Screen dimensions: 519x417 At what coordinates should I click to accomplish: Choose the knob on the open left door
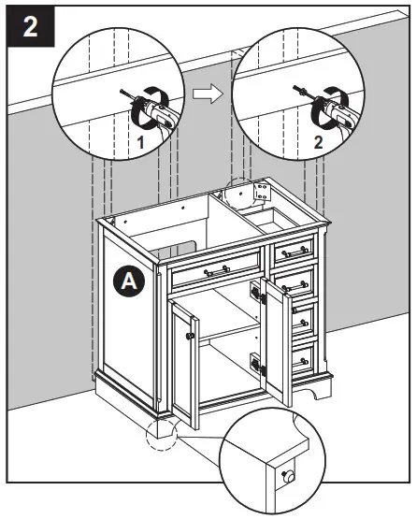pyautogui.click(x=191, y=334)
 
